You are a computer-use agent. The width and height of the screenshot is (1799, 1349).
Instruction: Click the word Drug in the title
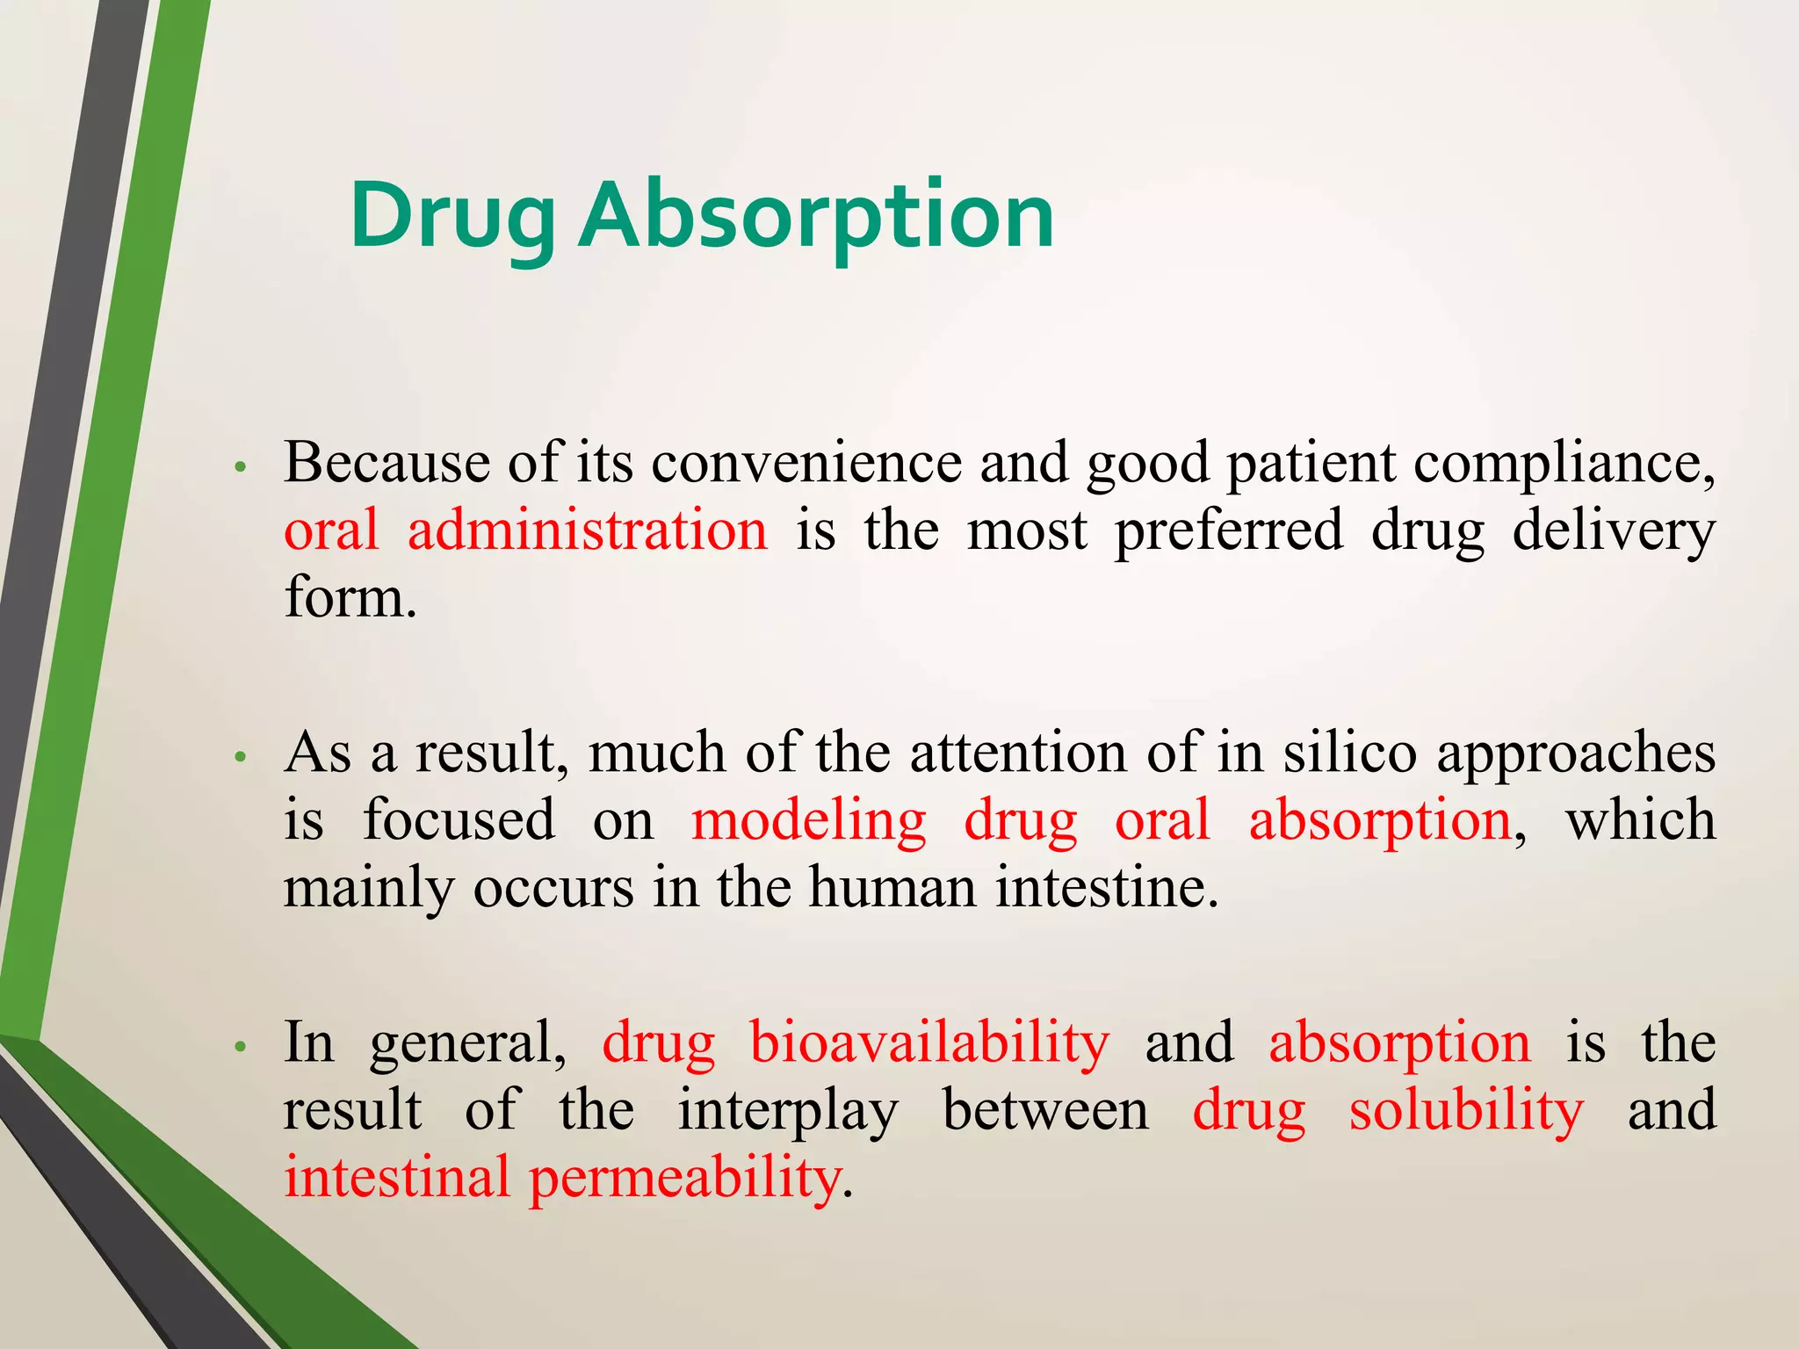(452, 215)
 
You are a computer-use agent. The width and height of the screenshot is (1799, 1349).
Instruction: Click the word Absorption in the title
(816, 215)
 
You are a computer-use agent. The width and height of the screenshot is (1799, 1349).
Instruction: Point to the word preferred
(1229, 531)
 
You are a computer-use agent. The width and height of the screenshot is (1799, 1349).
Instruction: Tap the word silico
(1349, 753)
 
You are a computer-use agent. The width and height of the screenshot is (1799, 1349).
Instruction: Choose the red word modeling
(808, 821)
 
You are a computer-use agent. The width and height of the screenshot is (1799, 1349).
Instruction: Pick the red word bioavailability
(929, 1043)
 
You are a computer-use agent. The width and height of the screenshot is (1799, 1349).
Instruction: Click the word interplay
(787, 1111)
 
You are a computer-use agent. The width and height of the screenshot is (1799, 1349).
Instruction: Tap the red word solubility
(1465, 1111)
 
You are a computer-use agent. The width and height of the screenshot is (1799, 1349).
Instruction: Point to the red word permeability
(685, 1179)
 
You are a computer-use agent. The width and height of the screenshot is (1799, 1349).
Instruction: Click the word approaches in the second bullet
(1575, 754)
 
